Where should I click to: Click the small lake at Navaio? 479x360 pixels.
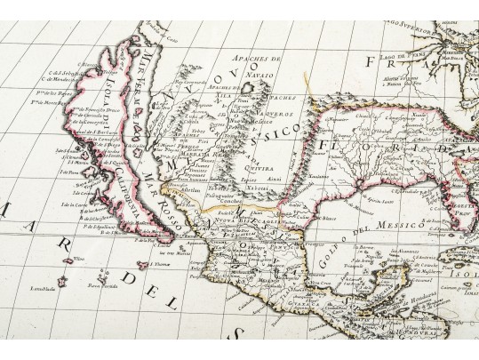248,87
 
